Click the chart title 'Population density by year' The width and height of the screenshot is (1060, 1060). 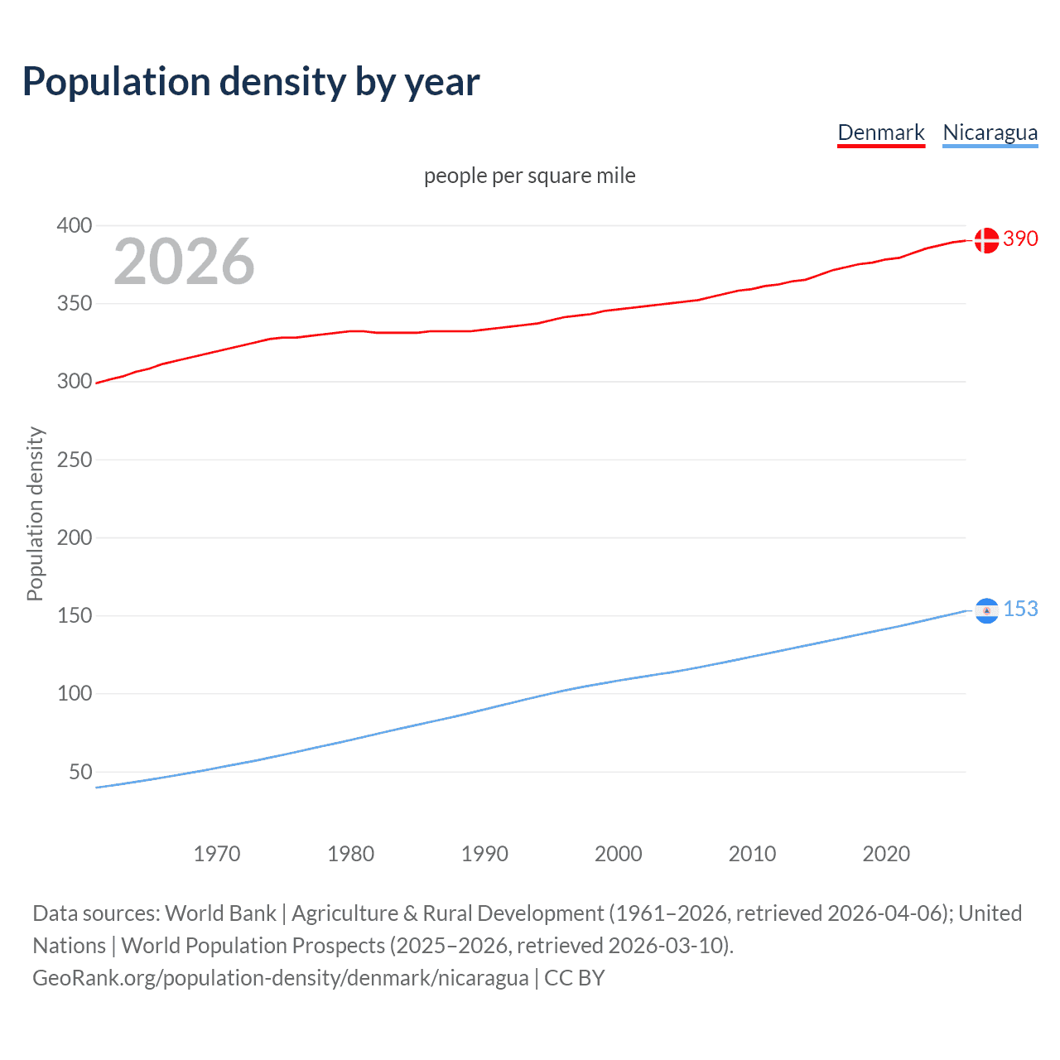[x=251, y=82]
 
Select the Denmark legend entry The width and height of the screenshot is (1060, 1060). [x=880, y=132]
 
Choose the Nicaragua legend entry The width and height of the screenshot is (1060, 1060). [x=990, y=132]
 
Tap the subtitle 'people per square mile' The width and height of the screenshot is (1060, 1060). [x=529, y=176]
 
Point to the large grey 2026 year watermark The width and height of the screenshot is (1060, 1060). [x=184, y=262]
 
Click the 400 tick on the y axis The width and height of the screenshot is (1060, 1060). [x=75, y=225]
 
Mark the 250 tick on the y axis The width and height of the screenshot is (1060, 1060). [x=75, y=460]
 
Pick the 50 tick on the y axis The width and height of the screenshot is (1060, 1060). [x=80, y=772]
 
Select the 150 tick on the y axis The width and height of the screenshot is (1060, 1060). [x=75, y=616]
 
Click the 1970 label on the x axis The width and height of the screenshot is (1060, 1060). [x=217, y=854]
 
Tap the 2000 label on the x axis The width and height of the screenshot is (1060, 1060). [x=619, y=854]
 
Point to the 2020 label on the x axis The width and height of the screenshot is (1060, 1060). [x=886, y=854]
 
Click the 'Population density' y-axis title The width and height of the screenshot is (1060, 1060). [x=35, y=513]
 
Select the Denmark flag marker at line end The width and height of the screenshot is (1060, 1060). [x=986, y=240]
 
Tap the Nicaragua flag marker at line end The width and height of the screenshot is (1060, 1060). [x=986, y=610]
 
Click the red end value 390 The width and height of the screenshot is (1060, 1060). [x=1020, y=239]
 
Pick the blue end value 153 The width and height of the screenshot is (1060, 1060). [x=1020, y=609]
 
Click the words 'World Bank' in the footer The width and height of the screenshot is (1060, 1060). [x=220, y=913]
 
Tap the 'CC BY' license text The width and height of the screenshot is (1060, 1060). [x=575, y=978]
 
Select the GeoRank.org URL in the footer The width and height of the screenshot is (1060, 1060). [x=280, y=978]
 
